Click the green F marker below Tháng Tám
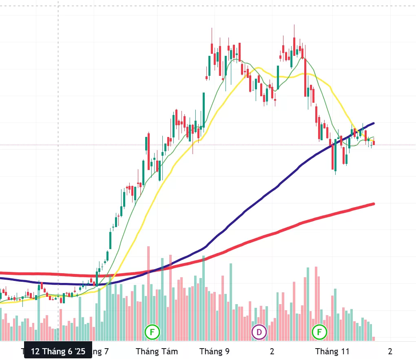(152, 332)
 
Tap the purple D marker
(259, 332)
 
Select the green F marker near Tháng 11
(319, 332)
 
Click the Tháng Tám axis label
(157, 351)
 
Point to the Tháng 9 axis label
(215, 351)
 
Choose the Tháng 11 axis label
(332, 351)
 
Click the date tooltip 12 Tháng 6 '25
(58, 351)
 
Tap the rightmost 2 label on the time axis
(390, 351)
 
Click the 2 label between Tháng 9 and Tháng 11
(272, 351)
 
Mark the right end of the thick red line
(373, 203)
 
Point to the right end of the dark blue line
(373, 123)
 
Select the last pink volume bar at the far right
(374, 338)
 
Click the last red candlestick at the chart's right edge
(374, 142)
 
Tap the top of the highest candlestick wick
(294, 25)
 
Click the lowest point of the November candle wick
(335, 174)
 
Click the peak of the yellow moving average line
(259, 68)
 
